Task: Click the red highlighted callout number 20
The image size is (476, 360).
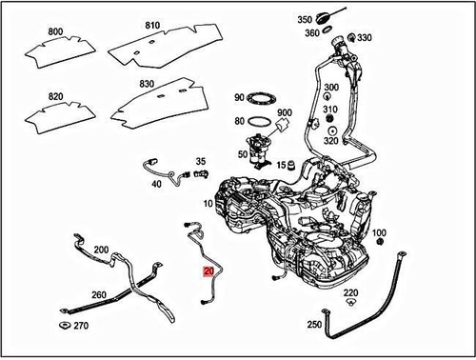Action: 208,271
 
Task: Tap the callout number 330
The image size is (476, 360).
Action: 365,38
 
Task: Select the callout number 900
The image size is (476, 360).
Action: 284,113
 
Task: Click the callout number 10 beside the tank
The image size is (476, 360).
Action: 208,204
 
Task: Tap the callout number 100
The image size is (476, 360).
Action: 378,232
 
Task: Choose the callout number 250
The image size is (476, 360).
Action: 313,325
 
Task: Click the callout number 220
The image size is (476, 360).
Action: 350,292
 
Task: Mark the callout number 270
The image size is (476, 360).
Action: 81,326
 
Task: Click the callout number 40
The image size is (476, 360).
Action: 155,185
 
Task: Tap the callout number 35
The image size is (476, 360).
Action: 200,162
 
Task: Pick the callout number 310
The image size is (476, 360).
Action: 330,110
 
